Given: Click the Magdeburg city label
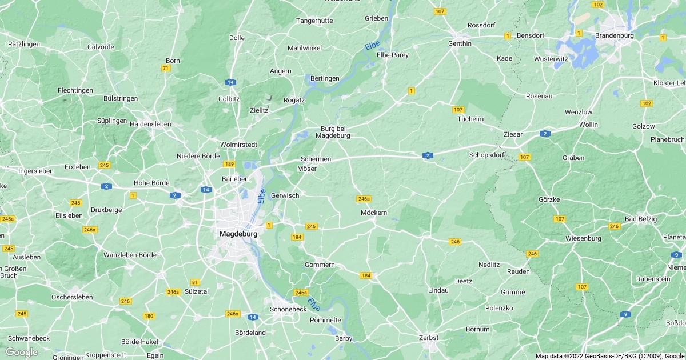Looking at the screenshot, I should click(238, 234).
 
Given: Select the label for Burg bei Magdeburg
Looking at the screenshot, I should click(335, 132).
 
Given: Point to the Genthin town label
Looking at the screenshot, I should click(460, 43).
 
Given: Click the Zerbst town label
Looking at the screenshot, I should click(428, 338).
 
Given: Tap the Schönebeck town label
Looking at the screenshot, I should click(288, 309).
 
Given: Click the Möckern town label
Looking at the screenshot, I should click(374, 213).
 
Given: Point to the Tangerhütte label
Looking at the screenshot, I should click(314, 21).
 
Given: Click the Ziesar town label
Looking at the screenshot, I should click(513, 134).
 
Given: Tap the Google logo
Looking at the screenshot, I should click(21, 352).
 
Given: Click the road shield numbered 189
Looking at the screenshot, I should click(229, 165).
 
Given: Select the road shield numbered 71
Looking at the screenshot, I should click(166, 68).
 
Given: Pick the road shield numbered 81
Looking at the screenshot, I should click(195, 282).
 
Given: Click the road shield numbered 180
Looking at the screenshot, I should click(149, 316).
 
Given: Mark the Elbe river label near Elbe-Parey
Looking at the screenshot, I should click(372, 45).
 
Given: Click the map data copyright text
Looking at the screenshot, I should click(609, 355).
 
